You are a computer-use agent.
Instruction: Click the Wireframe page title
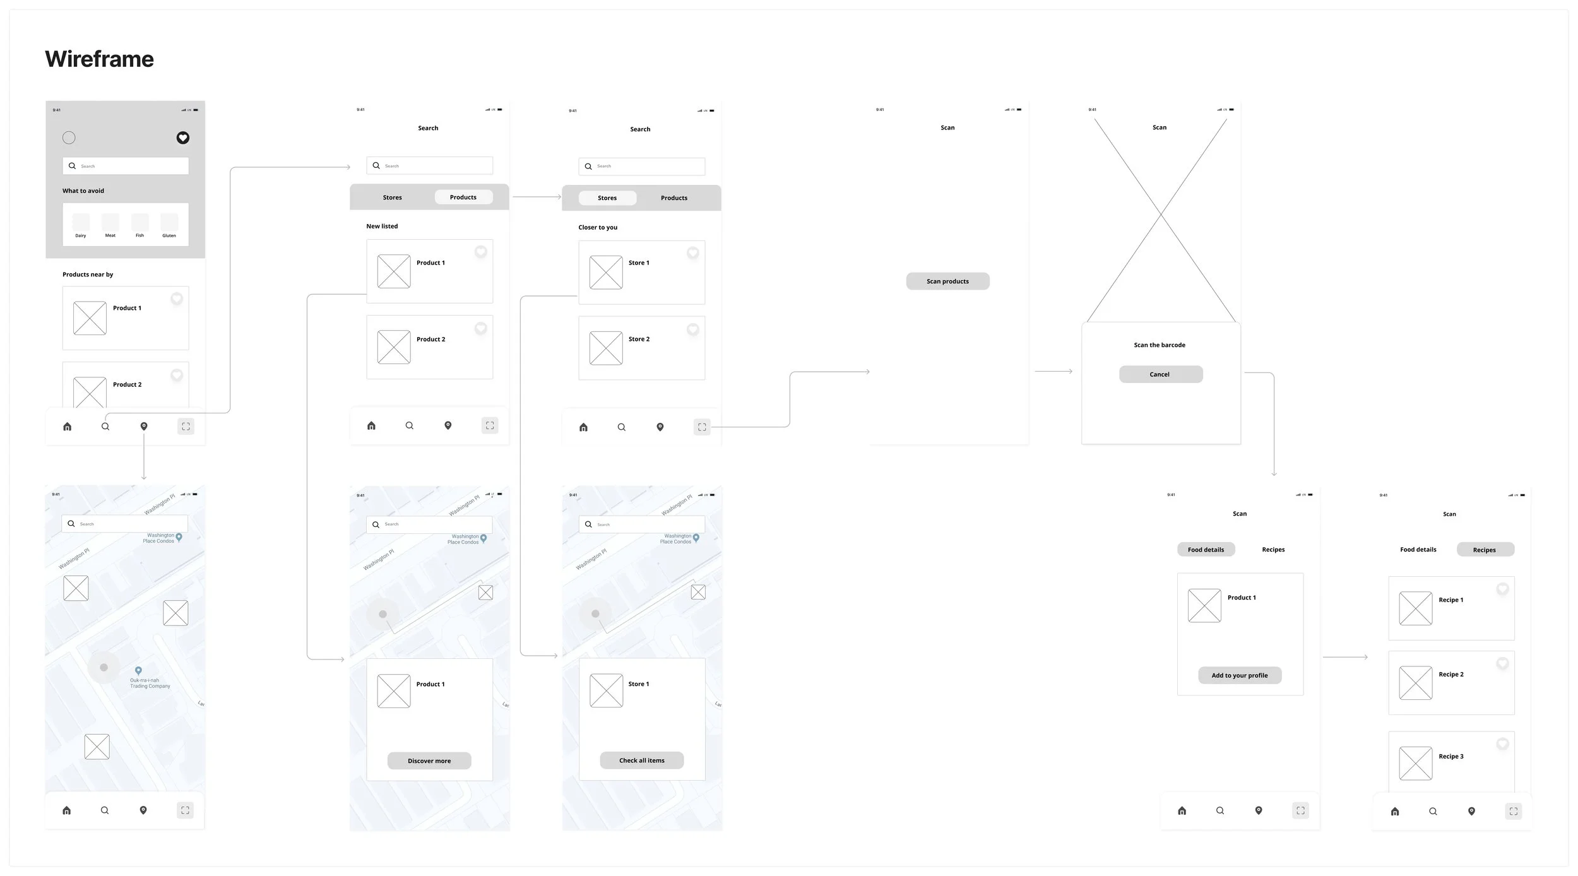(99, 59)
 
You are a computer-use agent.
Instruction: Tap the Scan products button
(947, 281)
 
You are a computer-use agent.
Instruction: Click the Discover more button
(429, 761)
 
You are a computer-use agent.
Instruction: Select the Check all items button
(641, 761)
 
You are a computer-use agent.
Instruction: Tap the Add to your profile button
(1240, 675)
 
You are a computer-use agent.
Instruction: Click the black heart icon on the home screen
(183, 138)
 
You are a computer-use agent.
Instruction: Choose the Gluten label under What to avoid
(169, 235)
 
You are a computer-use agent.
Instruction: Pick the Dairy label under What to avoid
(81, 235)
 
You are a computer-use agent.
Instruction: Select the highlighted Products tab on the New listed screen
(463, 198)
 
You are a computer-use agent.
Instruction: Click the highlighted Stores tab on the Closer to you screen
(607, 198)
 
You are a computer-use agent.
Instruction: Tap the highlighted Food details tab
(1206, 550)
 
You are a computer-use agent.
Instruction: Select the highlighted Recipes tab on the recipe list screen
(1484, 550)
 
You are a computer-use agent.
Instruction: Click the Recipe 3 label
(1450, 756)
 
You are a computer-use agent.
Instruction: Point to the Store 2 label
(639, 339)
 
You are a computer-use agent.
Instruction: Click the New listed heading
(382, 226)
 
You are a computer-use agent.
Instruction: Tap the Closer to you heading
(598, 227)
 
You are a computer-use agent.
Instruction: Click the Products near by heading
(88, 275)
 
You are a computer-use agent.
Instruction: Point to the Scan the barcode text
(1160, 345)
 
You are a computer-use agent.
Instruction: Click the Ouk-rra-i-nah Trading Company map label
(150, 684)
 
